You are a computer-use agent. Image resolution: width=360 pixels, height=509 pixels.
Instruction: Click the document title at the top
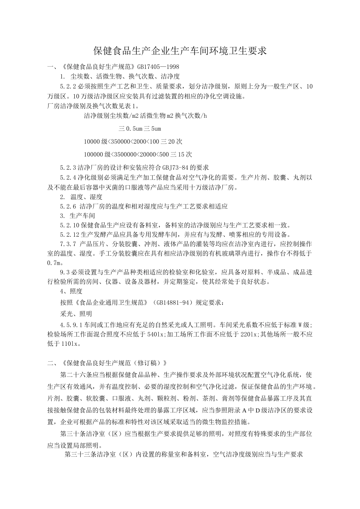pos(180,50)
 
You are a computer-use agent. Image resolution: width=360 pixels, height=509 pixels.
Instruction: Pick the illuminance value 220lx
pos(249,334)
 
